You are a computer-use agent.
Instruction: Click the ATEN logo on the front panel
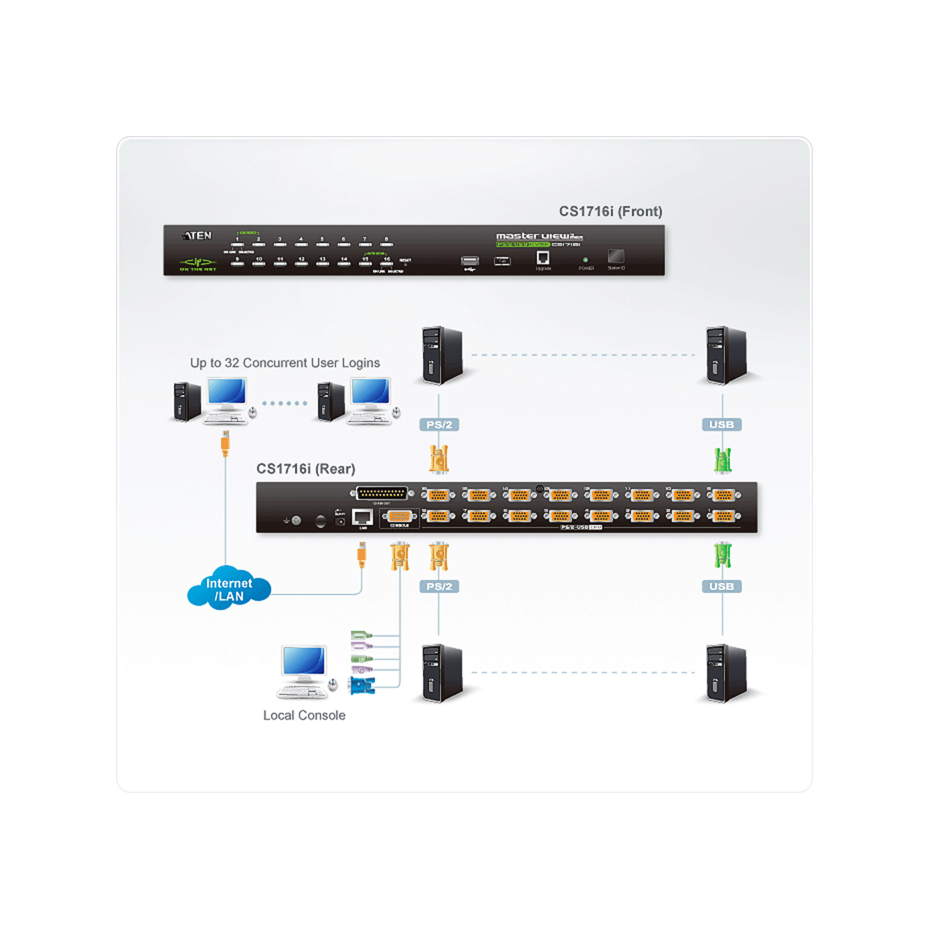coord(197,236)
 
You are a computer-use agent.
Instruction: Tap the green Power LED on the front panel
coord(585,260)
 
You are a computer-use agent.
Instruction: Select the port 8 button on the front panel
coord(386,244)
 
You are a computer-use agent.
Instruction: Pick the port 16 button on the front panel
coord(386,263)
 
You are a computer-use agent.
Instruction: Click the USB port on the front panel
coord(470,261)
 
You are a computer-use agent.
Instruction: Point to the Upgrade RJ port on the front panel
coord(543,258)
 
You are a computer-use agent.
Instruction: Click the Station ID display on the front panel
coord(616,256)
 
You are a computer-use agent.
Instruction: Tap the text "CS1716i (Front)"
coord(610,211)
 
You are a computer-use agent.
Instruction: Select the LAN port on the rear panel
coord(362,517)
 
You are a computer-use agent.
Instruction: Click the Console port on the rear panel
coord(399,517)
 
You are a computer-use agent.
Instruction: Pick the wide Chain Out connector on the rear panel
coord(382,493)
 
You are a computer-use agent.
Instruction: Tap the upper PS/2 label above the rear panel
coord(439,425)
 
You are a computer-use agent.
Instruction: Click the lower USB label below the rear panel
coord(721,586)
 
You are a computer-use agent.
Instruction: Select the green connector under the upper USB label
coord(722,460)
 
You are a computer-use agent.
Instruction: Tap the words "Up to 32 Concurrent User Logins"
coord(285,363)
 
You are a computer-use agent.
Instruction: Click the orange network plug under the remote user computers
coord(225,445)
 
